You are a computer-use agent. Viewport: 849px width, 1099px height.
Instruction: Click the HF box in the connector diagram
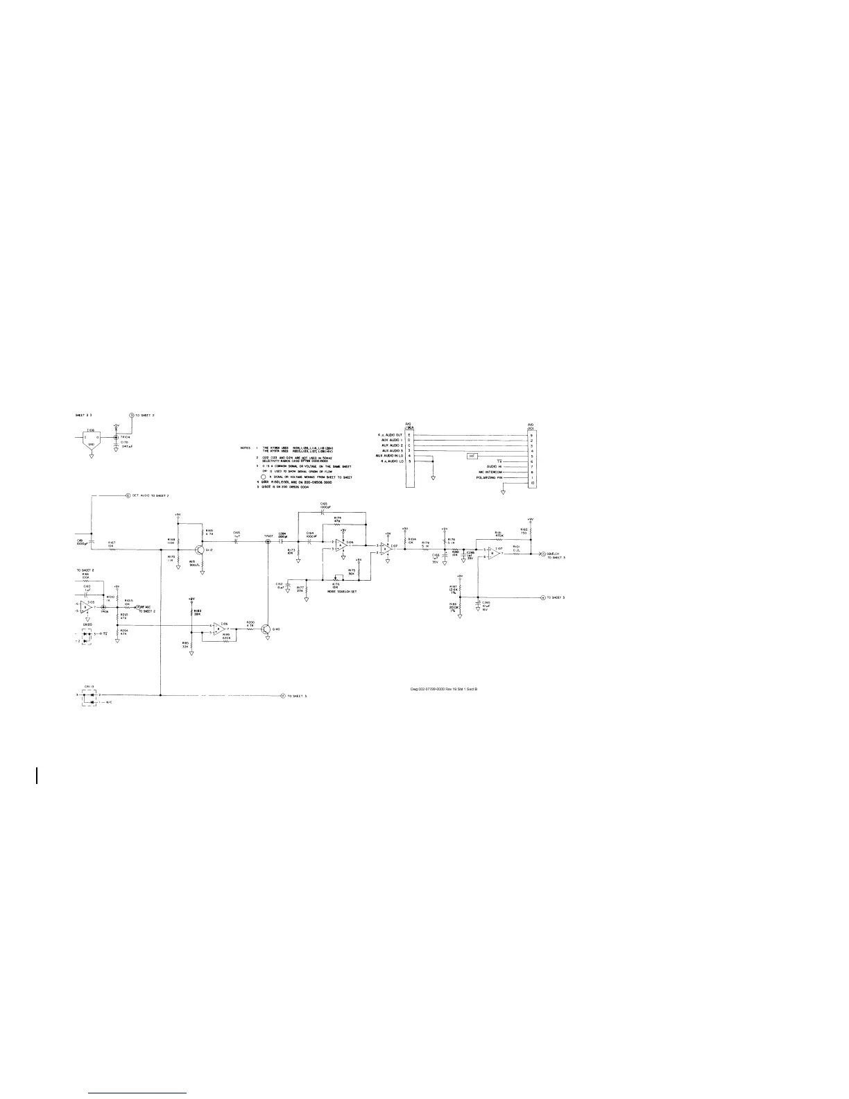472,456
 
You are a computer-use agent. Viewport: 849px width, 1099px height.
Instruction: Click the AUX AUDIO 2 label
392,445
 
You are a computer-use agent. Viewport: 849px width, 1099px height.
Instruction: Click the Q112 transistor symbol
200,549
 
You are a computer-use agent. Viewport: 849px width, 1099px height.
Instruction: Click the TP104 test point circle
115,437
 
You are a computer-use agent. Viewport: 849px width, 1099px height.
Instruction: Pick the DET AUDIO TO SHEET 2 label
150,496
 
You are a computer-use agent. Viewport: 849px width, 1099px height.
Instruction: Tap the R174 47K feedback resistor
338,525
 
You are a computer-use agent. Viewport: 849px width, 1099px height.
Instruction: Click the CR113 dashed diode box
89,698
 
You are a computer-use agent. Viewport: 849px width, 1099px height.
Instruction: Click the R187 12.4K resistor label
454,590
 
